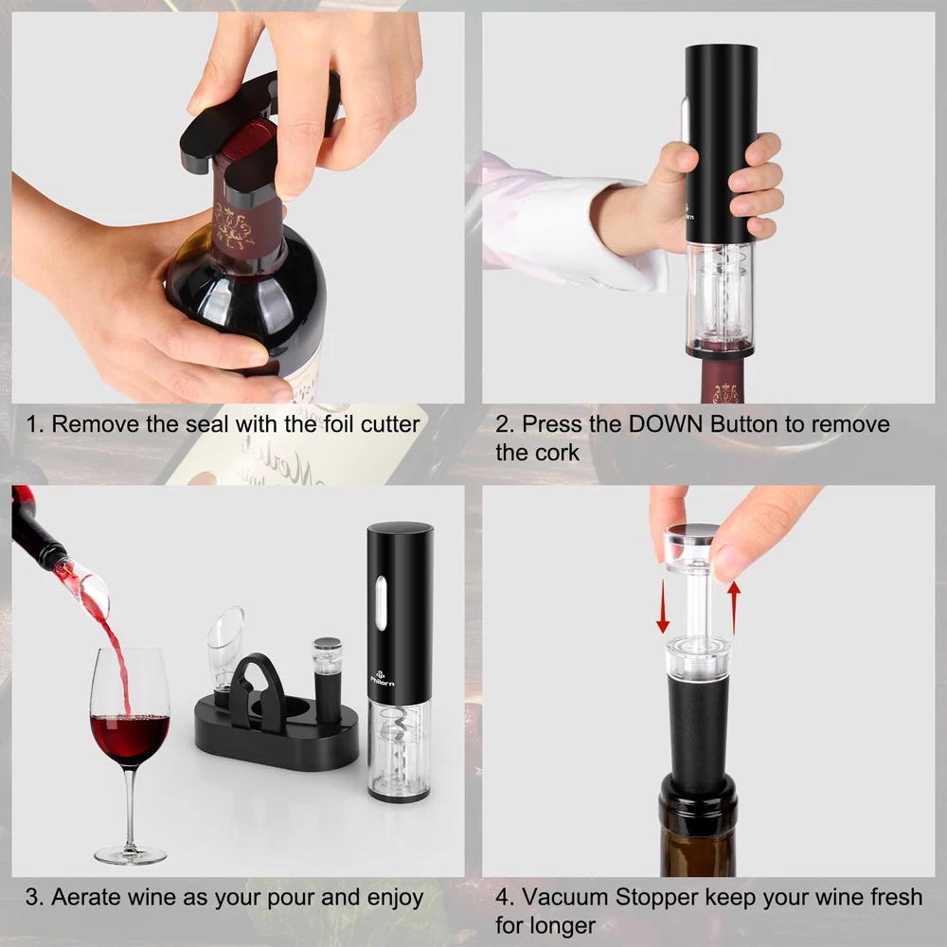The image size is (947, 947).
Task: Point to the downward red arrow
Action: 663,606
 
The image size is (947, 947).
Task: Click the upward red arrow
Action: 734,608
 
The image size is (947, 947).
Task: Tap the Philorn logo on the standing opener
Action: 383,678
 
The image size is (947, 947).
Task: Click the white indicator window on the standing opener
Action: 381,601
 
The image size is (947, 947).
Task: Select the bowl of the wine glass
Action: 130,706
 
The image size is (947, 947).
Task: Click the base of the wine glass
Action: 131,855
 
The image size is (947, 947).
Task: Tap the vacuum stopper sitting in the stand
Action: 327,679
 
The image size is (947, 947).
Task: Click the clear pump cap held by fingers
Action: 691,546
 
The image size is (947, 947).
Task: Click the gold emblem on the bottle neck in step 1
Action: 233,226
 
